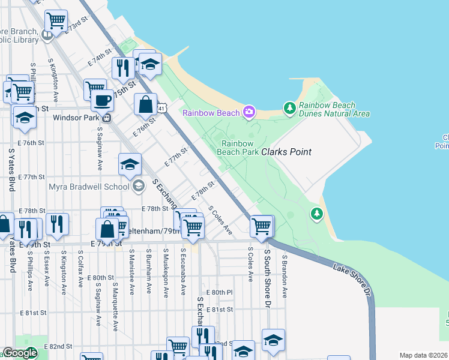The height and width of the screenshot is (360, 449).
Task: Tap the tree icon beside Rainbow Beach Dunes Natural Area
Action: point(290,107)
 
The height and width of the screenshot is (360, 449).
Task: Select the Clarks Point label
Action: point(286,152)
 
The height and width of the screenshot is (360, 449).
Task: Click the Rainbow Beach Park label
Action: point(240,148)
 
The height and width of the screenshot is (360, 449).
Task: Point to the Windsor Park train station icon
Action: point(106,118)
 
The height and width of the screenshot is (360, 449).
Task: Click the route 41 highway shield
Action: point(162,107)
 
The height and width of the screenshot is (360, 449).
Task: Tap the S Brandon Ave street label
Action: point(285,276)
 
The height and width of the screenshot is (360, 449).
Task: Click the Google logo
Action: point(20,353)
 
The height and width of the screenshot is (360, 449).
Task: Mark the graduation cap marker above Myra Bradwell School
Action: point(130,165)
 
